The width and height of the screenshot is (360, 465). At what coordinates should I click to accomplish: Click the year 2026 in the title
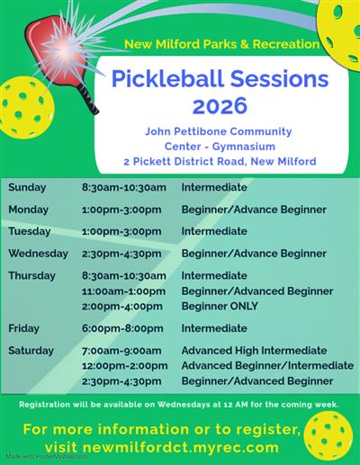coord(213,106)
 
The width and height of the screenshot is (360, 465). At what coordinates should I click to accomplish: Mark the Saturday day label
coord(31,351)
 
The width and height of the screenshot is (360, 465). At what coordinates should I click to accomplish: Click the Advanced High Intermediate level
coord(254,351)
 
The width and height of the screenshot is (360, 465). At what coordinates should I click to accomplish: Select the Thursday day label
coord(32,275)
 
